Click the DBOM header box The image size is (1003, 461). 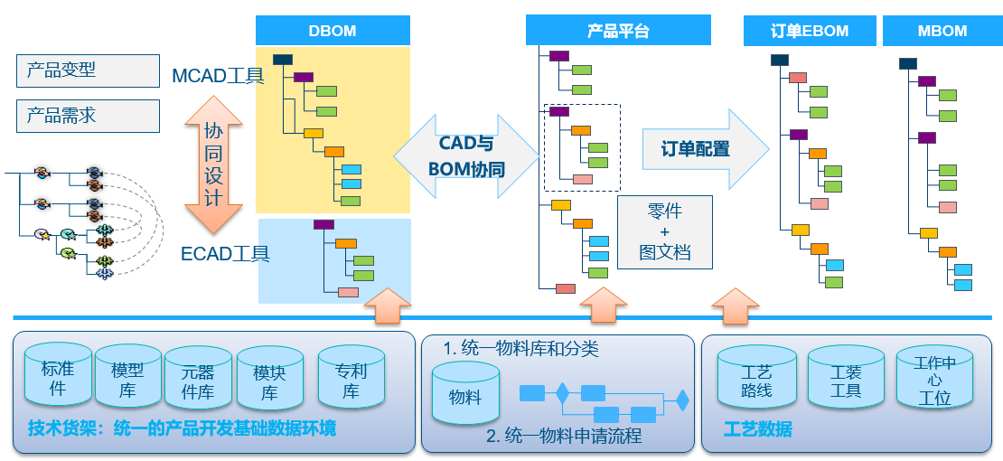[x=333, y=31]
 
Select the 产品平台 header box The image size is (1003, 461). [x=618, y=31]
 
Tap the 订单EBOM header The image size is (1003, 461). [x=810, y=31]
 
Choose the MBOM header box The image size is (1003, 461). [x=942, y=31]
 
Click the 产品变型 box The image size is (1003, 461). [x=88, y=70]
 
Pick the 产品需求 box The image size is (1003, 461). [x=88, y=116]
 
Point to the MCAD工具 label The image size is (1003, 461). [x=218, y=76]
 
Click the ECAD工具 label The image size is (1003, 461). [x=225, y=253]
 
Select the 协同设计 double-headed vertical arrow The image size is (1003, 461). [x=213, y=165]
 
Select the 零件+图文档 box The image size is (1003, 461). [x=664, y=231]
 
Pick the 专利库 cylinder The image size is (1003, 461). [x=351, y=381]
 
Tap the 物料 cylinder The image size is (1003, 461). [x=465, y=395]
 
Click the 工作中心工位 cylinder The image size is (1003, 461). [x=934, y=380]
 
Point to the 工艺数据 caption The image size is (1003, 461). [x=757, y=429]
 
